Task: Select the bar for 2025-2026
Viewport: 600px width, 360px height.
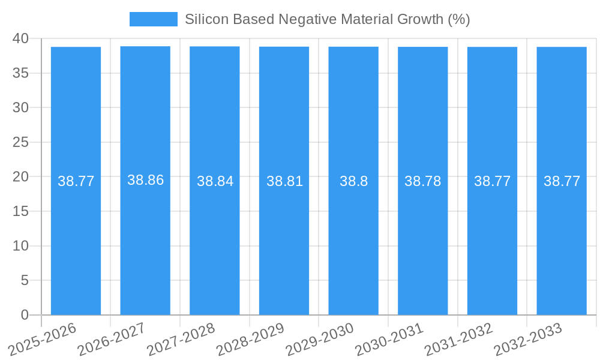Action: coord(76,240)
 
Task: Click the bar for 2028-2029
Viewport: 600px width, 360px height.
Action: coord(284,240)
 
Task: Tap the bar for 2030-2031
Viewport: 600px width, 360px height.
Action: coord(422,240)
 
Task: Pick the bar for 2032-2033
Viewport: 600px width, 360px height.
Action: coord(562,240)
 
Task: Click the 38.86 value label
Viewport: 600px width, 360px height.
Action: coord(145,180)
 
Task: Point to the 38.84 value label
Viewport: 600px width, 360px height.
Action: coord(215,181)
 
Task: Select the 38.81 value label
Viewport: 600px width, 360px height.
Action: coord(284,181)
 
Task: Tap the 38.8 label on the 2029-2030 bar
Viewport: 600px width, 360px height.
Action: coord(353,181)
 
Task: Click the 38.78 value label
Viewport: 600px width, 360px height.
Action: coord(422,181)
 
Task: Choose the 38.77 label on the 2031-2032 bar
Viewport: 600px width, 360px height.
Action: coord(492,181)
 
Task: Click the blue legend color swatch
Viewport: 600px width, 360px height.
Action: coord(154,19)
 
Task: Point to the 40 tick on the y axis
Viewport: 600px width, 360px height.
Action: coord(20,38)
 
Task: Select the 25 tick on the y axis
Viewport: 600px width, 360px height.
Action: coord(20,142)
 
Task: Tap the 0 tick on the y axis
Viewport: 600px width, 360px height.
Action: coord(25,315)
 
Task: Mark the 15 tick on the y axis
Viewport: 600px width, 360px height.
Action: coord(20,211)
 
